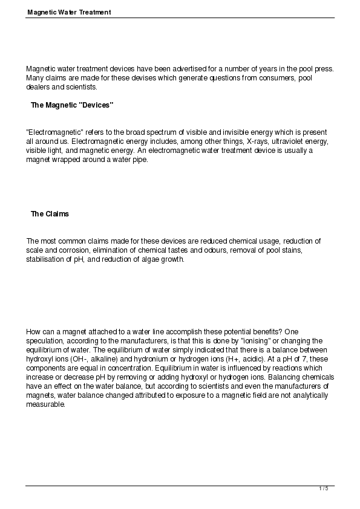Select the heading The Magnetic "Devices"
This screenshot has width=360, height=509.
click(72, 105)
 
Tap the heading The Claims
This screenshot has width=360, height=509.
click(50, 214)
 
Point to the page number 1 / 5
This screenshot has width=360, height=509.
click(324, 488)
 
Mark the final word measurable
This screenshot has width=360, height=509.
click(45, 404)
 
